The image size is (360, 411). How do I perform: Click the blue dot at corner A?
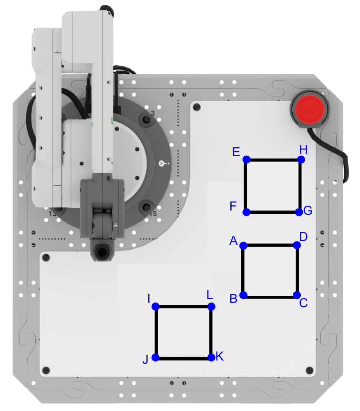click(x=243, y=246)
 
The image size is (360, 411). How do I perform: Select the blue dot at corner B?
click(x=243, y=295)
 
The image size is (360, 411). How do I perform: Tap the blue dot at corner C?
click(x=296, y=295)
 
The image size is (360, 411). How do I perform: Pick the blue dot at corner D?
click(x=297, y=245)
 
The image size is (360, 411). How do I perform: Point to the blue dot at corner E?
click(x=247, y=160)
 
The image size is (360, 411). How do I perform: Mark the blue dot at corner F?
click(x=247, y=212)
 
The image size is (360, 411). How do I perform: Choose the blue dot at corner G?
click(x=299, y=212)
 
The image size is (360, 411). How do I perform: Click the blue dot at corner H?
click(x=300, y=160)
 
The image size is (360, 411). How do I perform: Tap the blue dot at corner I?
click(x=155, y=307)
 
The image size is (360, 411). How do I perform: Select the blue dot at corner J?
click(x=155, y=358)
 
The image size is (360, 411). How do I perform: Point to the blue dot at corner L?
click(x=211, y=306)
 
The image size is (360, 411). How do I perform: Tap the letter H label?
click(x=303, y=150)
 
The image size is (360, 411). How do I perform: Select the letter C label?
click(x=303, y=303)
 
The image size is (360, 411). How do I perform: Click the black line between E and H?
click(x=273, y=160)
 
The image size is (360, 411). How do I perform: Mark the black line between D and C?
click(x=297, y=270)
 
